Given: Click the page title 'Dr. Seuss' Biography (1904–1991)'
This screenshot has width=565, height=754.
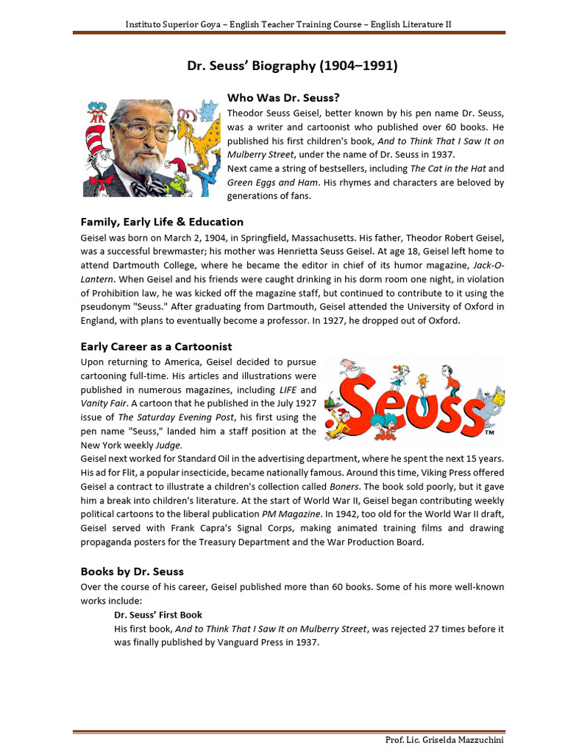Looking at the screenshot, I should [292, 66].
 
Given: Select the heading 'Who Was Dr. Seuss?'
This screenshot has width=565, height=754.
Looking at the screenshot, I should [283, 97].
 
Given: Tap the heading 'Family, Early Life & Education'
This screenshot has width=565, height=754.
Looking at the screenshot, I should [162, 222].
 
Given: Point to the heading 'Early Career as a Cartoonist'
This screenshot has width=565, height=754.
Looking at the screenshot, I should [156, 346].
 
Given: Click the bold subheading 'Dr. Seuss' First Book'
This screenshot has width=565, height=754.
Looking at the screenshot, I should [158, 614].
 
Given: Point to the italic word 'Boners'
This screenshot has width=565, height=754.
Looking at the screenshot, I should [345, 486].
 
